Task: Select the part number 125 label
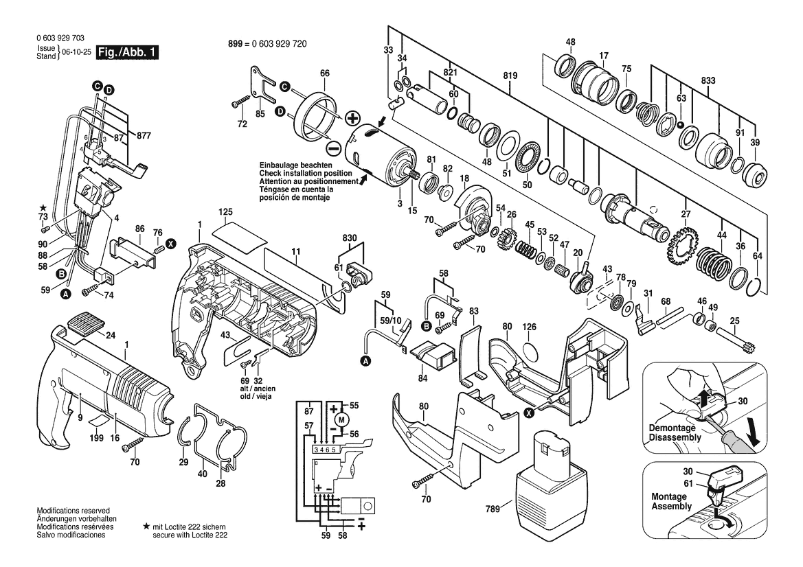pos(225,212)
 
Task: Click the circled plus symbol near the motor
pos(352,119)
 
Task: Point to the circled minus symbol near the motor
pos(333,149)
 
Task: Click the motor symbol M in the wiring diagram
pos(343,419)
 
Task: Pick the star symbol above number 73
pos(43,208)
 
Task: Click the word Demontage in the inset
pos(672,428)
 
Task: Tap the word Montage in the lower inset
pos(669,496)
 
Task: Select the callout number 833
pos(708,80)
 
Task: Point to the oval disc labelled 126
pos(530,353)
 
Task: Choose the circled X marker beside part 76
pos(171,244)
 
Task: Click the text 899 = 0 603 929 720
pos(267,44)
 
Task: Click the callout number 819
pos(510,76)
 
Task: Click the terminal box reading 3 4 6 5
pos(325,450)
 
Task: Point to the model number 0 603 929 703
pos(60,38)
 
